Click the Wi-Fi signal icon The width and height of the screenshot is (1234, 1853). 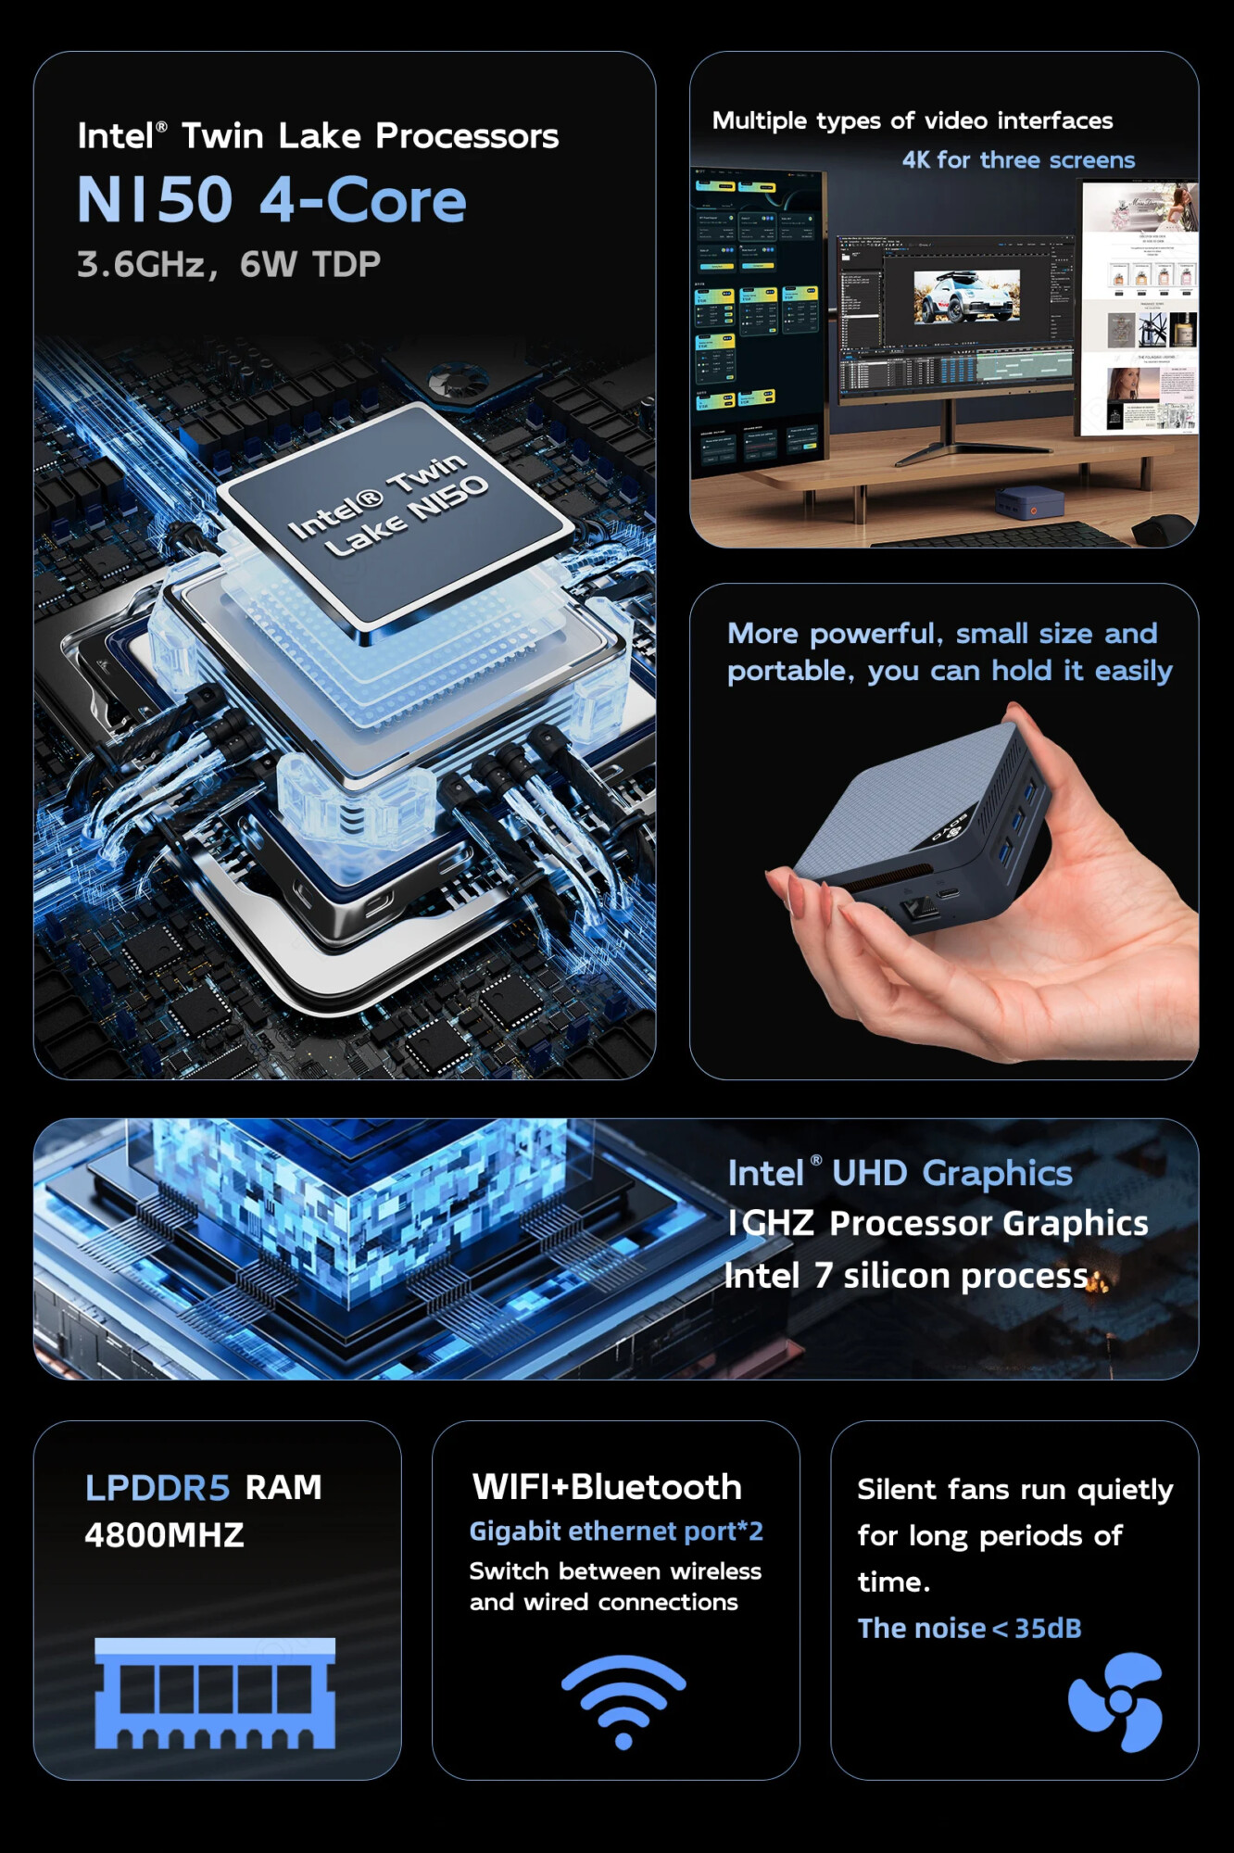pos(623,1701)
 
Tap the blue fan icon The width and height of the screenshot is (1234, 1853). pos(1116,1701)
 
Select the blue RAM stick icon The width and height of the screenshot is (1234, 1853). pos(215,1693)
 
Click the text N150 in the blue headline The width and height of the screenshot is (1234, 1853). pos(155,200)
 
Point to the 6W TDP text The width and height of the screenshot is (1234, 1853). pos(310,265)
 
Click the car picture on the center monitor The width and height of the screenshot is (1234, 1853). pos(966,296)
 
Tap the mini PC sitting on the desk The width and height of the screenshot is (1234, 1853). pos(1029,501)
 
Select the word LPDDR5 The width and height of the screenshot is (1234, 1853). pos(157,1488)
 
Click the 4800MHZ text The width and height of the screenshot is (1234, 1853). pos(164,1535)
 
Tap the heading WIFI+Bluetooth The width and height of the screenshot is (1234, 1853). pos(607,1487)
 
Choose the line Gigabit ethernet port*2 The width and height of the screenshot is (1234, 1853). pos(616,1532)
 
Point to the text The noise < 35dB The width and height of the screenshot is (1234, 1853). pos(969,1628)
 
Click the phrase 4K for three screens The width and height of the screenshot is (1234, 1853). pos(1018,160)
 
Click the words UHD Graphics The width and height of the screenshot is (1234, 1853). pos(951,1173)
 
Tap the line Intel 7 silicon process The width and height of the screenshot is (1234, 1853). pos(908,1276)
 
